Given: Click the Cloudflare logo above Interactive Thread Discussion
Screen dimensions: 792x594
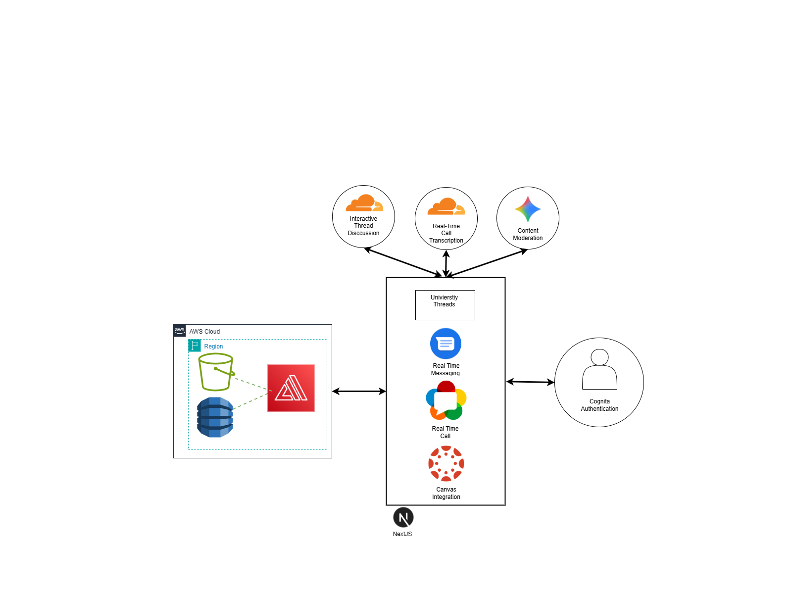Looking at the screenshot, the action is click(364, 202).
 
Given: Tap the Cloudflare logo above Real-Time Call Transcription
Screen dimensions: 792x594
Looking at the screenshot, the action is click(446, 206).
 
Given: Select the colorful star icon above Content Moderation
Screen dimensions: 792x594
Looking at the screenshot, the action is click(528, 209).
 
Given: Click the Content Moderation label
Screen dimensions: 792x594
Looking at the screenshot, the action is click(528, 234).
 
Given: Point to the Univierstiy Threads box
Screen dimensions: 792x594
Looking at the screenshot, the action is click(445, 305).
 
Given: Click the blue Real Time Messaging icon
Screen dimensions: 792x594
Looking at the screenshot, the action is click(445, 344).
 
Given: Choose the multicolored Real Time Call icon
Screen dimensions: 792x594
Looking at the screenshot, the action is click(446, 400).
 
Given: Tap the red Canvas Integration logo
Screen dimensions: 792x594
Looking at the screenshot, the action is click(446, 463).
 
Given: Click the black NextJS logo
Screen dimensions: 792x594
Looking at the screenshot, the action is click(403, 518).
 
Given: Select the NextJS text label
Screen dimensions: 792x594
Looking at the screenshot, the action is click(402, 534).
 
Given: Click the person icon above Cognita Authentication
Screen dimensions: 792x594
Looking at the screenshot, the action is click(599, 369).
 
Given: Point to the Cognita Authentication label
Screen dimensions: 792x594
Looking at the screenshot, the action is click(599, 405).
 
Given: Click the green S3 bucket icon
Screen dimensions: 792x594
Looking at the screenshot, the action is click(216, 372).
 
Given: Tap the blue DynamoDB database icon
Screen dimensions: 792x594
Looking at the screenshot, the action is click(215, 417).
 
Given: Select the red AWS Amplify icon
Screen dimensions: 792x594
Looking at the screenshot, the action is click(291, 388).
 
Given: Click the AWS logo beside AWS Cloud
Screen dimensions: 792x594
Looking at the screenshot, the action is click(180, 330).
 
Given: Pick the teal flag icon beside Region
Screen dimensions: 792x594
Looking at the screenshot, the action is click(195, 346).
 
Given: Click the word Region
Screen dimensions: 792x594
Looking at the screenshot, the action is click(213, 346).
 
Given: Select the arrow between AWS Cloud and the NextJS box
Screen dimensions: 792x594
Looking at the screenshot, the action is click(359, 392).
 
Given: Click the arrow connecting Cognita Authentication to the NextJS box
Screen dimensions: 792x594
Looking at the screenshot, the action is click(530, 382).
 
